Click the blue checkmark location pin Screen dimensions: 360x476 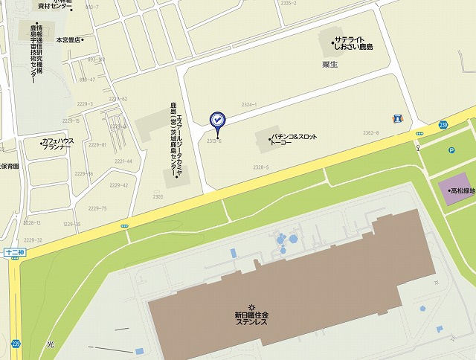click(216, 119)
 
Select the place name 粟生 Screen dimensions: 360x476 click(330, 65)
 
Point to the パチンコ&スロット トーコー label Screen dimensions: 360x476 click(294, 141)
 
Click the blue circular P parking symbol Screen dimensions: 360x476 click(451, 150)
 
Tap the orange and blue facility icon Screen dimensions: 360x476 click(398, 118)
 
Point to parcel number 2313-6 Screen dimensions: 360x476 click(214, 141)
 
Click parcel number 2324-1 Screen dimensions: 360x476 click(249, 105)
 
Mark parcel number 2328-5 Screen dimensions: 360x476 click(260, 167)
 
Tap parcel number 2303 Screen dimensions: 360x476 click(158, 197)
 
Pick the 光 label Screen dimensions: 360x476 click(50, 344)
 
